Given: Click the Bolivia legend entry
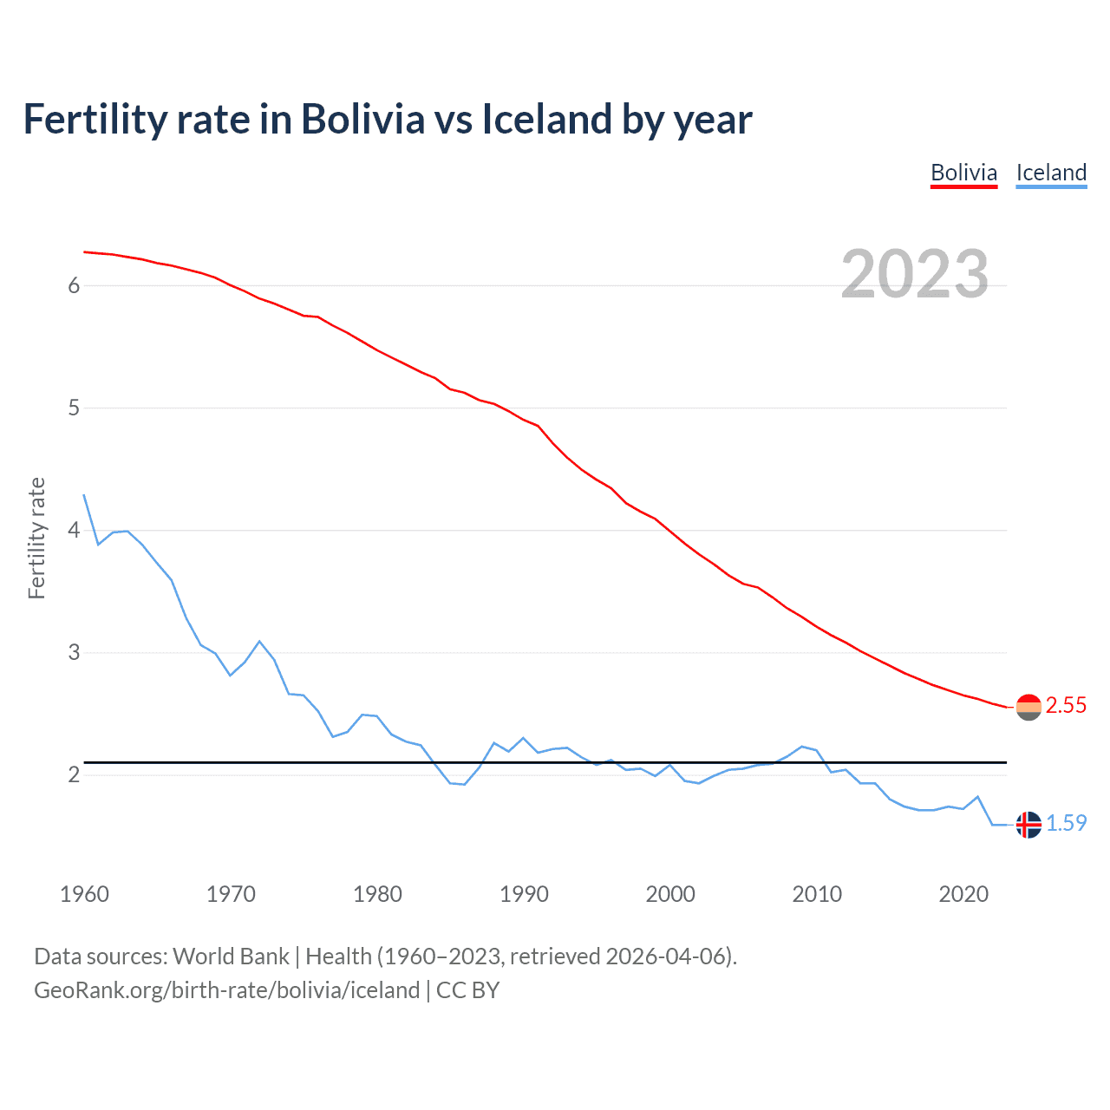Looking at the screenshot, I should [x=963, y=173].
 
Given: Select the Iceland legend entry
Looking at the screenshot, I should [x=1051, y=173].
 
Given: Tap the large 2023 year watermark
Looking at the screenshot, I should [x=915, y=274].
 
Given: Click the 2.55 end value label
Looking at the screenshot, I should [x=1066, y=706].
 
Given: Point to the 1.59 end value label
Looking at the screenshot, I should [x=1066, y=823].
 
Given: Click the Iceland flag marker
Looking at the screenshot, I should [x=1028, y=825].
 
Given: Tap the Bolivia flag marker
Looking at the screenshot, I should [x=1028, y=708].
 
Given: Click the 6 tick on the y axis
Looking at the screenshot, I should [x=74, y=285].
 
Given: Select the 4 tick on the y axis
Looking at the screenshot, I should [x=74, y=530].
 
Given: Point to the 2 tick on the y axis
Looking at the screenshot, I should [x=74, y=774].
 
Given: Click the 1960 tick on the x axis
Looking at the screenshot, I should [x=84, y=894].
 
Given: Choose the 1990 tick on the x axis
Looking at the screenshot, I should [x=524, y=894].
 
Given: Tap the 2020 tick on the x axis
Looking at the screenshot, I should [x=963, y=894].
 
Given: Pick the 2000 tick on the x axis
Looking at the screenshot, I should [x=670, y=894].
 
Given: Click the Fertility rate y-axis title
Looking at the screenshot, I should [x=36, y=538].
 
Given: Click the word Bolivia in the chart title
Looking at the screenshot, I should [x=362, y=119].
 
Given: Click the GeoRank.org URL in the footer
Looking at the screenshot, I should [x=226, y=990].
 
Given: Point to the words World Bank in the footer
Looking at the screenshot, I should [x=231, y=957].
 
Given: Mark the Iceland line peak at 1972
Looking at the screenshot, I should [x=259, y=642].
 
